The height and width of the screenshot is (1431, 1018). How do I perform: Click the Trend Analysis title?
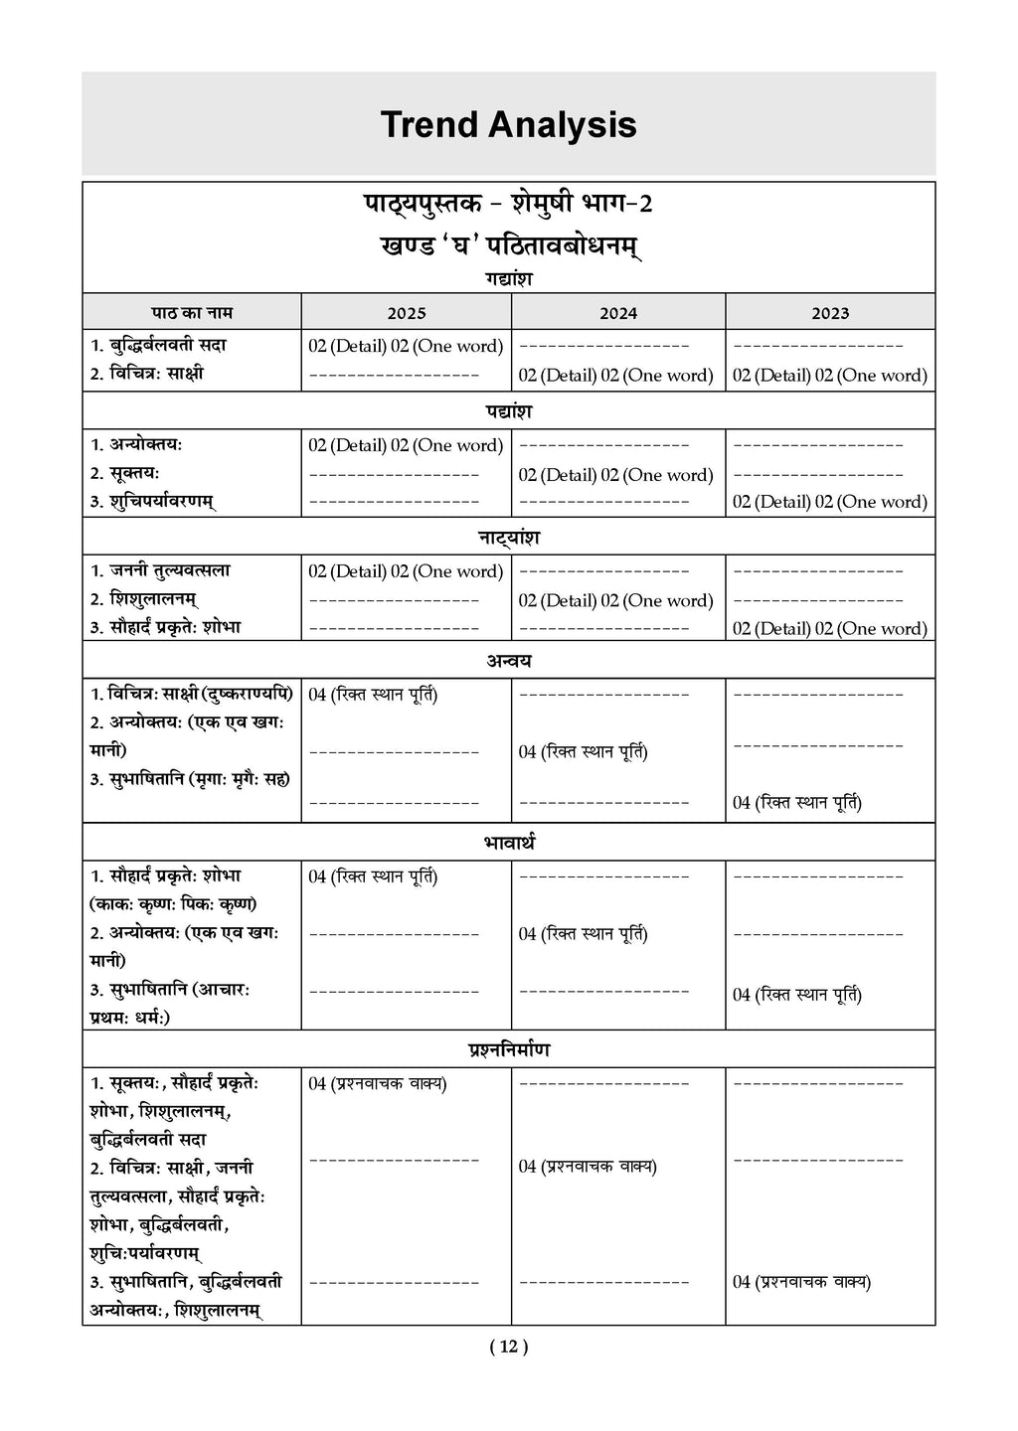coord(508,125)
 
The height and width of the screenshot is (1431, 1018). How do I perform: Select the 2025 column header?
coord(407,313)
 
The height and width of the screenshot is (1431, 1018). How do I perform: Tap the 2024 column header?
coord(618,313)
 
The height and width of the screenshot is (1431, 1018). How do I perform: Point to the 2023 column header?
coord(830,313)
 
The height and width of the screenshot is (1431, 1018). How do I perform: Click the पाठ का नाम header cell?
coord(192,312)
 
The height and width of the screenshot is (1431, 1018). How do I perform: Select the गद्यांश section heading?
coord(509,279)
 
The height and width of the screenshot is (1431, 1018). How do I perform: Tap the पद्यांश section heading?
coord(509,410)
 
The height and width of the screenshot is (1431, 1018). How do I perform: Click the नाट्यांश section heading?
coord(509,537)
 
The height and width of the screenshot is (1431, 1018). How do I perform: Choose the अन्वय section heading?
coord(509,660)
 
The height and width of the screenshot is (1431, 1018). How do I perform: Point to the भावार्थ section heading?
coord(509,843)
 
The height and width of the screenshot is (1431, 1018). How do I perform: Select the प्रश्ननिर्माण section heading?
coord(509,1049)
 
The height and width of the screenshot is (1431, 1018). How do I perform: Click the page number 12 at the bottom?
coord(509,1347)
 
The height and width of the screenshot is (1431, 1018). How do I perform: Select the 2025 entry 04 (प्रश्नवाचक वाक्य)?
coord(378,1083)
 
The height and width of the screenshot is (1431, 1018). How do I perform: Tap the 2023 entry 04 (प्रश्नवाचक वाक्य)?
coord(801,1282)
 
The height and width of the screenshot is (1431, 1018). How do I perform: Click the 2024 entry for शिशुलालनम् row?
coord(615,600)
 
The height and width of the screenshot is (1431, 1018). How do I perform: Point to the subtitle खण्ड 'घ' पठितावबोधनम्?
coord(509,245)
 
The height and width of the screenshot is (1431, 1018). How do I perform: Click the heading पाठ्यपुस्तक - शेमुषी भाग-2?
coord(509,204)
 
